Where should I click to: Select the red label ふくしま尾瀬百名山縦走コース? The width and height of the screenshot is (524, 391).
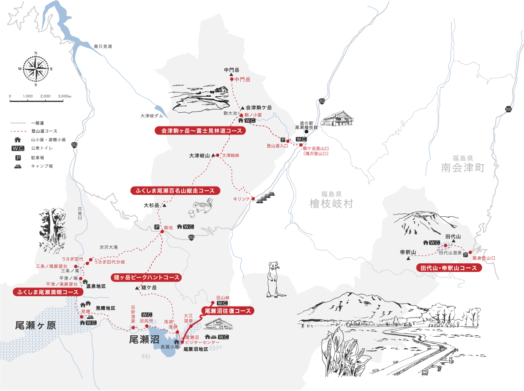coord(172,191)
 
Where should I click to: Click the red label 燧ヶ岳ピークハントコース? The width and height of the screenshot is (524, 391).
coord(146,277)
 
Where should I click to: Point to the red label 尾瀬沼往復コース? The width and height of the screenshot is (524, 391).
coord(227,311)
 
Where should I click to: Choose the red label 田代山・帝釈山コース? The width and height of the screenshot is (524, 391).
coord(449,268)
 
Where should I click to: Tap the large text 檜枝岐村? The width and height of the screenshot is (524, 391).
coord(330,203)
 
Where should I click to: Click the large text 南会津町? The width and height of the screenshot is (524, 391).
coord(462,168)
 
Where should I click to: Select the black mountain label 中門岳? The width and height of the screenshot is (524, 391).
coord(231,70)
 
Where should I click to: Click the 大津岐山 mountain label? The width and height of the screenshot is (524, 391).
coord(199,156)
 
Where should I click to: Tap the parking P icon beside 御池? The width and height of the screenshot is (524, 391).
coord(157,227)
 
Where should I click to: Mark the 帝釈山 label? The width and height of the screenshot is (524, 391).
coord(408,252)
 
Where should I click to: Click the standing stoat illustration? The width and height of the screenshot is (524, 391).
coord(273,278)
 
